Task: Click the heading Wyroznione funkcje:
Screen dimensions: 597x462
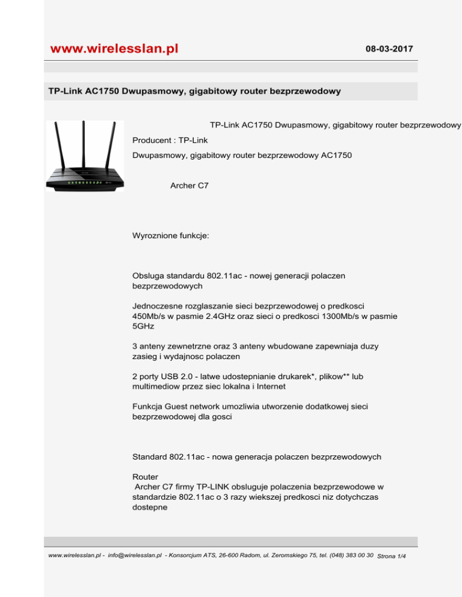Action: [171, 237]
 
